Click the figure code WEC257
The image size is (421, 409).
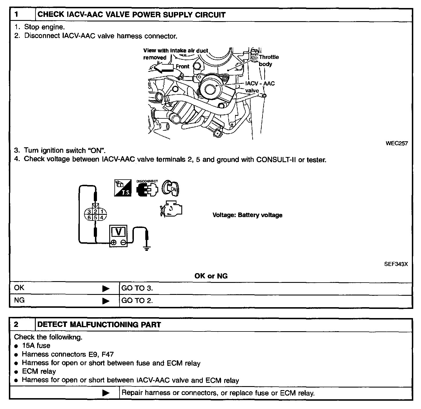[396, 143]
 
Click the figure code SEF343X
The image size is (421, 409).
[396, 264]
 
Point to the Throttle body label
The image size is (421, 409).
[269, 60]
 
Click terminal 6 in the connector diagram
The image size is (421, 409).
[89, 218]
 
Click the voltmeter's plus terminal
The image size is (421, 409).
[114, 242]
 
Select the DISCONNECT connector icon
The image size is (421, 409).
[147, 189]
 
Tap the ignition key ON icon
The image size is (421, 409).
[170, 188]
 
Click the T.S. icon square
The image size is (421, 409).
[123, 188]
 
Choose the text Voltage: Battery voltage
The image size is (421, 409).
[247, 215]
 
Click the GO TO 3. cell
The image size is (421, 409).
[137, 288]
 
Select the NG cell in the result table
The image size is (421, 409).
[19, 300]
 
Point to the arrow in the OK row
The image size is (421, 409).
[106, 289]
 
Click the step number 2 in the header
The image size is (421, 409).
[16, 325]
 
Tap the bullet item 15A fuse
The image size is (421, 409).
[36, 346]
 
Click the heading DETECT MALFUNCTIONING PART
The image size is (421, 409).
[99, 325]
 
